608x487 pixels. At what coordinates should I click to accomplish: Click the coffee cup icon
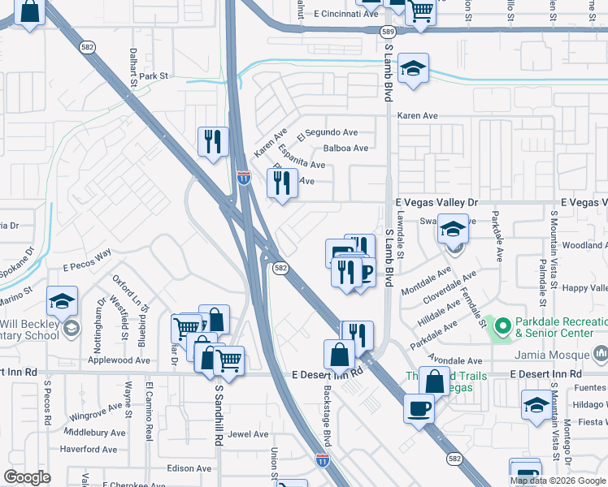(419, 408)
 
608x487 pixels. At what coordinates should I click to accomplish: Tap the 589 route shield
(388, 31)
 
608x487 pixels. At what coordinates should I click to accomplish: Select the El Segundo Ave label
(328, 132)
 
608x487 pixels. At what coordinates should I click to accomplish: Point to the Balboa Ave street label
(345, 148)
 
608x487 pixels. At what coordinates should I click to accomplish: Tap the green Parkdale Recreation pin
(502, 327)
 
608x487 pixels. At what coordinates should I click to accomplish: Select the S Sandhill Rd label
(219, 415)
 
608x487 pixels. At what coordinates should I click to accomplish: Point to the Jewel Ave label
(249, 434)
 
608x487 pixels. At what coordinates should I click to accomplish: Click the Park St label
(153, 75)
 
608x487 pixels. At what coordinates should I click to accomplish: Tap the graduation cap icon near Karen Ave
(414, 70)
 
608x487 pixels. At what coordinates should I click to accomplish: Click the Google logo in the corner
(27, 476)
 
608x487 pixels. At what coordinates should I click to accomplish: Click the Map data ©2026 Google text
(557, 480)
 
